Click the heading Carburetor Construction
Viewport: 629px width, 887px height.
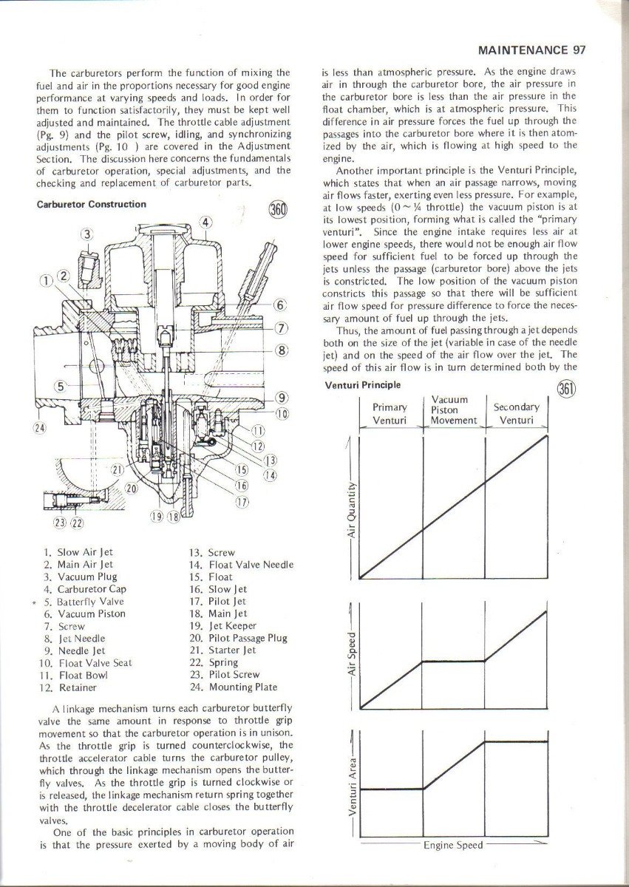click(92, 204)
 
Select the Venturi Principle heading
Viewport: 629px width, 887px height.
click(363, 385)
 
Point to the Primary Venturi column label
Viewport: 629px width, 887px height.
click(390, 414)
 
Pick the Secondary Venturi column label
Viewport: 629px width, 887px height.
click(516, 414)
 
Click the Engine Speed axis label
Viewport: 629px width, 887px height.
click(453, 845)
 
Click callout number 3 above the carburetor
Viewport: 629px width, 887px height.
click(87, 234)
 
